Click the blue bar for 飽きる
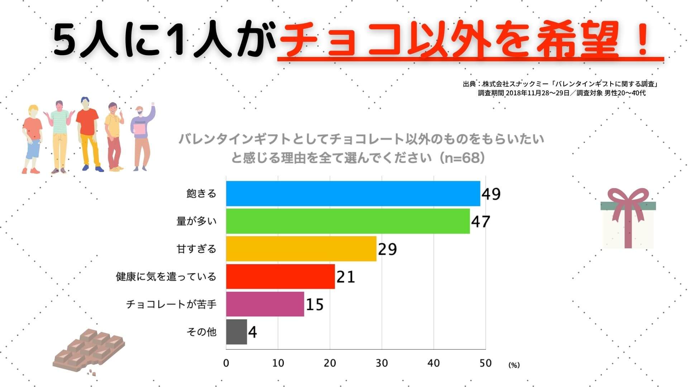[353, 193]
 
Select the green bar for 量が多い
[348, 221]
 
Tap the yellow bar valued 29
[301, 249]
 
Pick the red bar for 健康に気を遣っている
[280, 276]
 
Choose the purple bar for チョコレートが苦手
[265, 304]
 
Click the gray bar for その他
[236, 332]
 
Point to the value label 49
[491, 194]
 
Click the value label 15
[315, 305]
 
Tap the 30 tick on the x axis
[382, 363]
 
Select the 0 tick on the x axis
[226, 363]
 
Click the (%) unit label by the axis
[513, 365]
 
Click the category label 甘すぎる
[196, 249]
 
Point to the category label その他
[201, 332]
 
